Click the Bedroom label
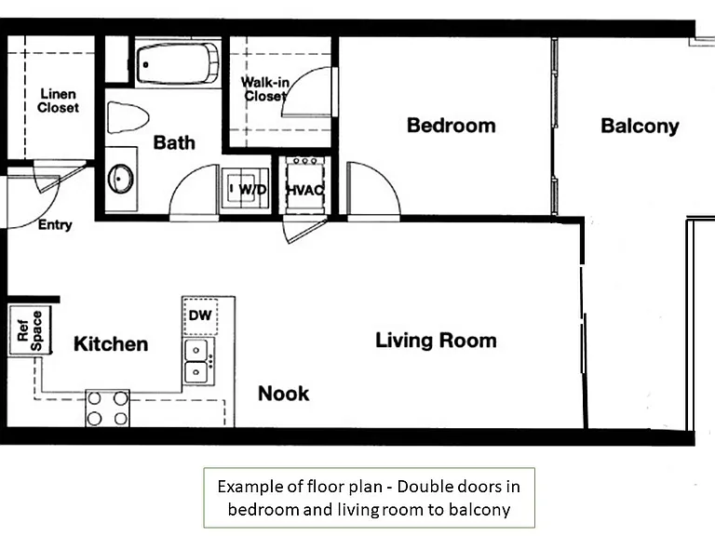[451, 126]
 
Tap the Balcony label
[640, 127]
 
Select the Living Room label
[436, 341]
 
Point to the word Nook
[284, 394]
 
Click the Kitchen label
[111, 344]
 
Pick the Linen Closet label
[58, 100]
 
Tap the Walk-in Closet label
[265, 89]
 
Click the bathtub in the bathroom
[178, 63]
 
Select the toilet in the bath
[128, 117]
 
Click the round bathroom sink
[121, 179]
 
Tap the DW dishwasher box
[200, 315]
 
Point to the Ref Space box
[30, 330]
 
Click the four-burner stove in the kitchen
[108, 409]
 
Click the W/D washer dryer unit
[246, 188]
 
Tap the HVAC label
[305, 190]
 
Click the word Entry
[55, 224]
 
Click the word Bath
[174, 142]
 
